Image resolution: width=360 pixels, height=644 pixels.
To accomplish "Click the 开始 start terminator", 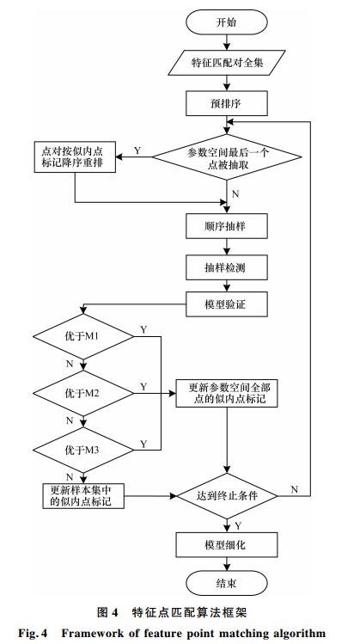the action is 227,21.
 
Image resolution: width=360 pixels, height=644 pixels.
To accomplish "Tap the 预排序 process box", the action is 227,103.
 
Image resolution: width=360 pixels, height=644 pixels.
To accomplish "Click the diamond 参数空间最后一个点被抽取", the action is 227,156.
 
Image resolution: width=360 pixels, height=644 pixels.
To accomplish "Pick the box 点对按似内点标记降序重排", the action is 75,156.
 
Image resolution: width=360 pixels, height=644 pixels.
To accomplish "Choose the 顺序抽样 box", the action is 227,226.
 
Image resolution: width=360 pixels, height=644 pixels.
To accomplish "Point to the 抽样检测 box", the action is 227,267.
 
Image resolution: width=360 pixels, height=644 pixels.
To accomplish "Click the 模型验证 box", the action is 227,304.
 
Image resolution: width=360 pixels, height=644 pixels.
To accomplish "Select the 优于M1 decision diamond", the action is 83,337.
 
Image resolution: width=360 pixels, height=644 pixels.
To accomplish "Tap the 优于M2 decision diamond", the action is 83,394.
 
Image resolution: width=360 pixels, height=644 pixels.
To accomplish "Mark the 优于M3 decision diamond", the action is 83,450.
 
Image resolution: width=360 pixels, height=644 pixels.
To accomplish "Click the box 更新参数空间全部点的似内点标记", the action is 227,394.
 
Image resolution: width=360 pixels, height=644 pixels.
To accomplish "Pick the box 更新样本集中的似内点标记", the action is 83,496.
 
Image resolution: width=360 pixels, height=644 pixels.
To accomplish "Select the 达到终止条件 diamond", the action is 227,496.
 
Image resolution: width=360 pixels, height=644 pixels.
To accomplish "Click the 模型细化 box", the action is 227,545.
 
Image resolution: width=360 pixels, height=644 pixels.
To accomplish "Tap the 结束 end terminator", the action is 227,583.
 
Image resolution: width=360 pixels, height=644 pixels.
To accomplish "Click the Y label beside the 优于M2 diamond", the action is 143,386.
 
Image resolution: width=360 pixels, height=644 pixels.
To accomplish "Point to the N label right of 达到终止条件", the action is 295,489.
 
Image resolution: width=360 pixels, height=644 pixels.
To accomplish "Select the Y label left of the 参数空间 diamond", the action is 137,150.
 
